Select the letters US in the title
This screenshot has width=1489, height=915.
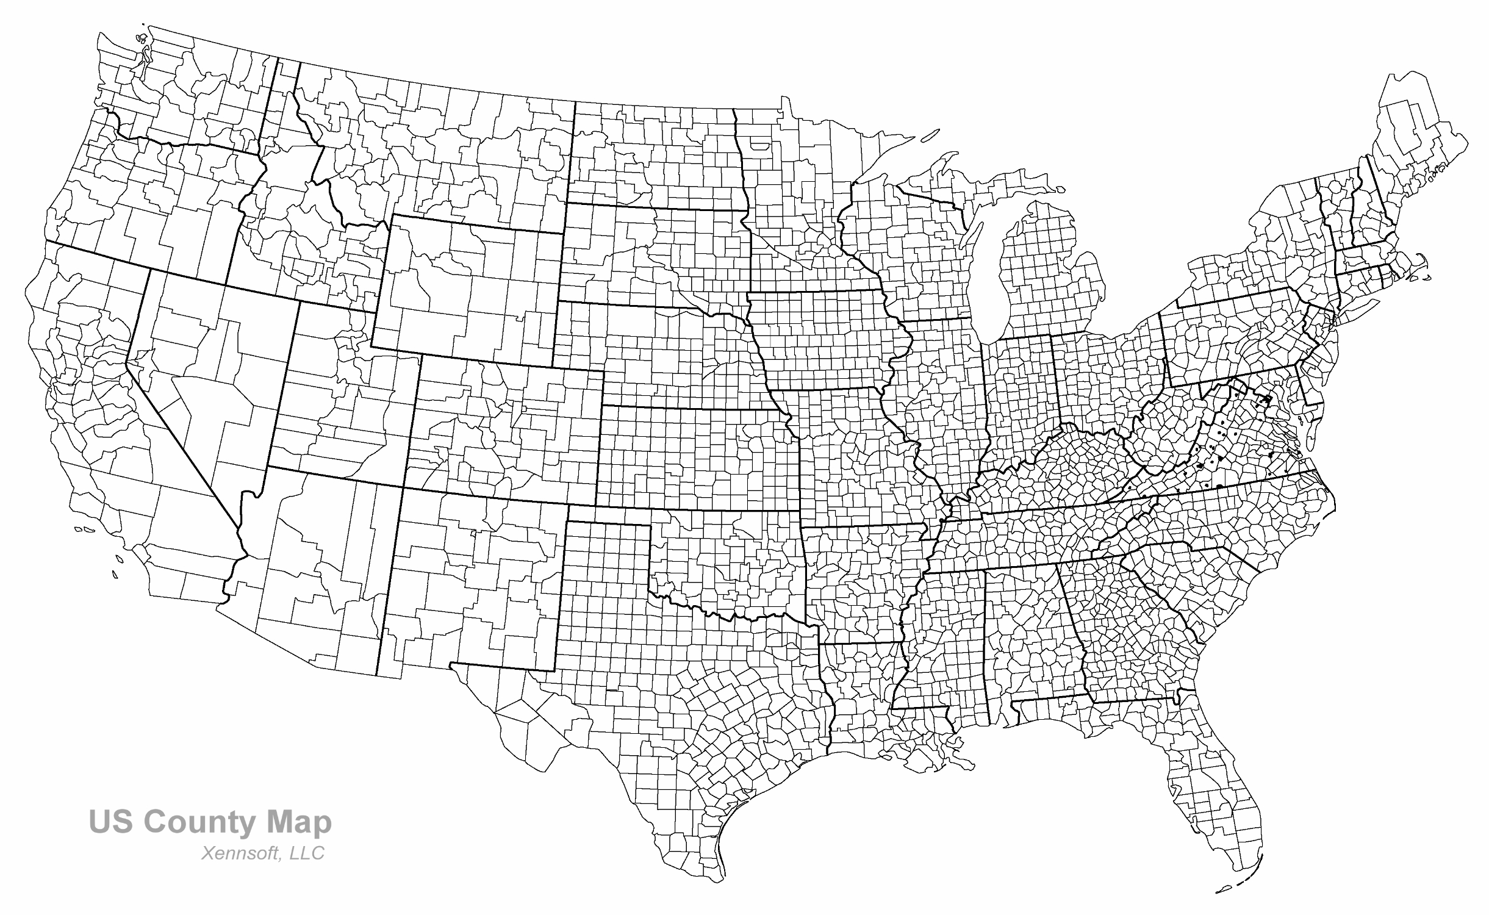pyautogui.click(x=110, y=822)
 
